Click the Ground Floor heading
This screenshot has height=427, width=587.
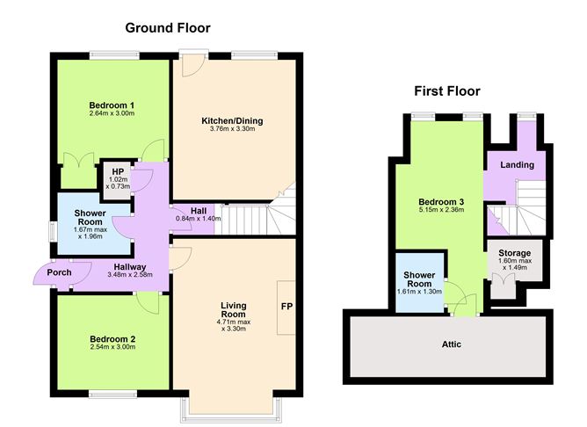(168, 28)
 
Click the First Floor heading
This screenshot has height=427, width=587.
(447, 91)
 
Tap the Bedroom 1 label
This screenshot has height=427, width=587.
(112, 105)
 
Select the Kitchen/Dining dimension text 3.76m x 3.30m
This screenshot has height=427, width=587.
(233, 129)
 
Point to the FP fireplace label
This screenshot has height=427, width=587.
(286, 307)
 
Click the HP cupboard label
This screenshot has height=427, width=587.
(118, 172)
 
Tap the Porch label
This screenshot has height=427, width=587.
(59, 272)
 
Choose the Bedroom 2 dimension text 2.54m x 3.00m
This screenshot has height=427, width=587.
(112, 347)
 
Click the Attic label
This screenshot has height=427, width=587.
(452, 344)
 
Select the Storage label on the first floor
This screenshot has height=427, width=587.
(515, 253)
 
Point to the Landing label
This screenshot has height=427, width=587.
(518, 165)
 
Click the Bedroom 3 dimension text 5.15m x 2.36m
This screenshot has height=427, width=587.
(441, 210)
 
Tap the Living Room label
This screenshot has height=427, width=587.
(233, 310)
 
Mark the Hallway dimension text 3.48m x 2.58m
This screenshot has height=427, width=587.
(130, 274)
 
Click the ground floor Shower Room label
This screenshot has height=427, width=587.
(91, 217)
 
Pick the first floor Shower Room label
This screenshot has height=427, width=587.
(419, 279)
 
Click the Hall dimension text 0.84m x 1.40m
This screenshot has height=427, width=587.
(199, 219)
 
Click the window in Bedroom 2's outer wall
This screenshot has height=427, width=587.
(112, 394)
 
